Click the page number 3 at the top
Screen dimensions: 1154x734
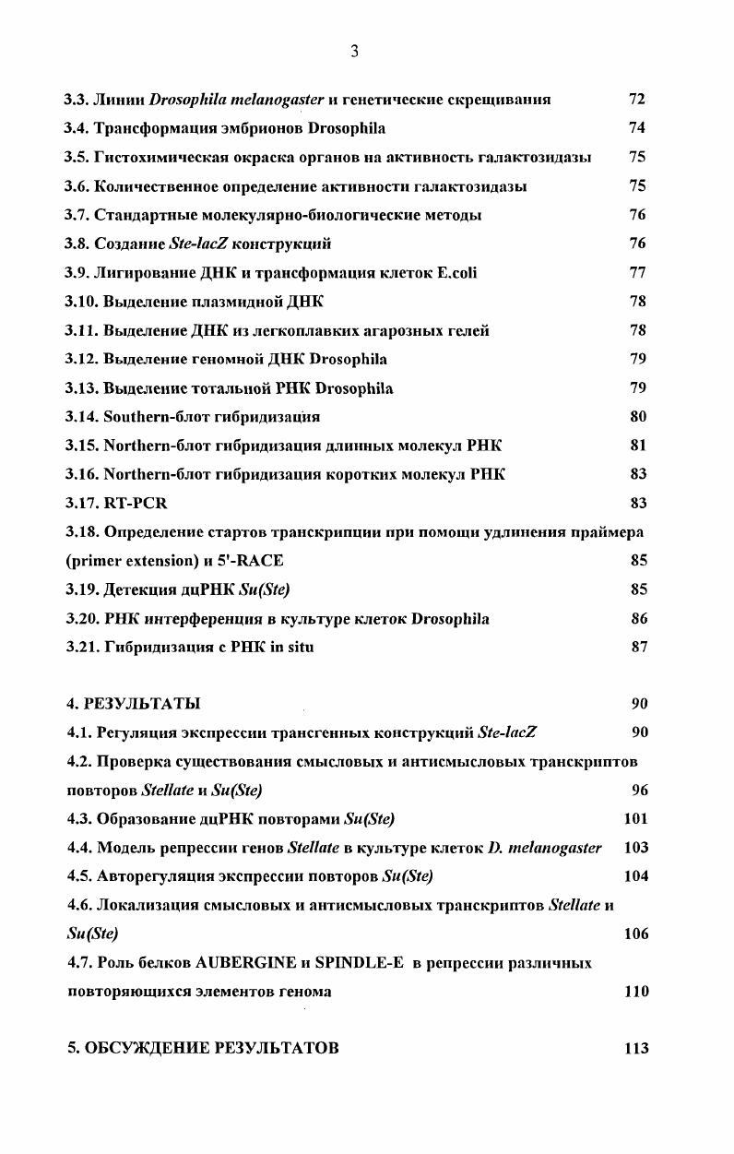click(354, 52)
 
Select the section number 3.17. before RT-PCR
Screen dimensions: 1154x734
click(82, 503)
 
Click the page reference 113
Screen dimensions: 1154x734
click(635, 1048)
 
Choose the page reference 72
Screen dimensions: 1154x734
click(637, 99)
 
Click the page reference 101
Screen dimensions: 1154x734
click(635, 818)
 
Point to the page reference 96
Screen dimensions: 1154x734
click(639, 790)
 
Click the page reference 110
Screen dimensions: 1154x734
click(635, 992)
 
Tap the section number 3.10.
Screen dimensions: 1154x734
click(82, 301)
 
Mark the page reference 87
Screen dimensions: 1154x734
click(639, 647)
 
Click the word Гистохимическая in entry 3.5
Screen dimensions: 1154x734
click(155, 157)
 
